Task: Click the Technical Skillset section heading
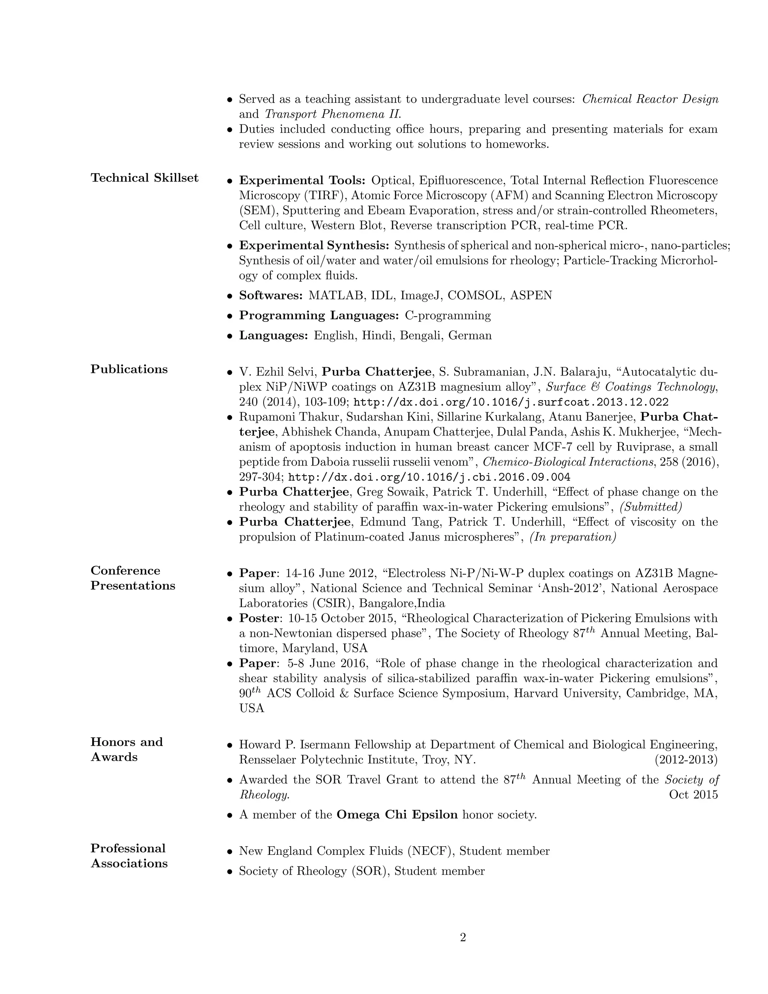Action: [x=144, y=177]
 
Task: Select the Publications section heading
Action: [x=129, y=369]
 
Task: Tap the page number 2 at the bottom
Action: [x=463, y=938]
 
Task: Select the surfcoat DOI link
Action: [x=511, y=402]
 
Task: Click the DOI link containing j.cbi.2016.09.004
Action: [x=429, y=477]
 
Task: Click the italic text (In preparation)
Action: [x=573, y=537]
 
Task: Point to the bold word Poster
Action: [x=259, y=618]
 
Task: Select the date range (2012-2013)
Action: [x=686, y=760]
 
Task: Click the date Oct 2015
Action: [x=693, y=795]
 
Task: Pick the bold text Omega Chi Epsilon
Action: [x=397, y=814]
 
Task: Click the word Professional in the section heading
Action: [x=128, y=848]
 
